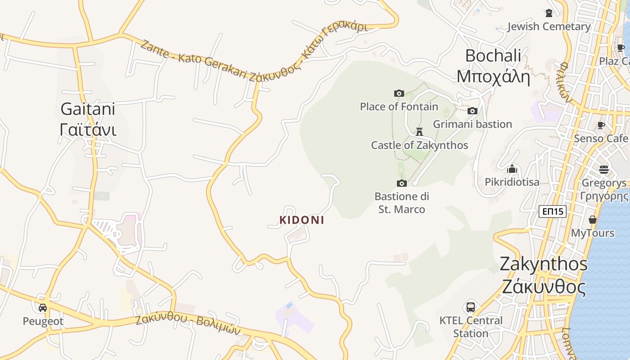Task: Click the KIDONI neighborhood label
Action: tap(302, 220)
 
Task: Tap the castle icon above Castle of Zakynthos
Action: tap(419, 131)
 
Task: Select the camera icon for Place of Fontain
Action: tap(399, 94)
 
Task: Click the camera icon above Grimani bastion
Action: tap(472, 111)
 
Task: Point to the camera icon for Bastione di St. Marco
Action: tap(401, 183)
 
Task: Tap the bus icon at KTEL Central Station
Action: tap(470, 307)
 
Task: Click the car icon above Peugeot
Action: tap(43, 308)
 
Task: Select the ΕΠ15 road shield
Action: tap(552, 211)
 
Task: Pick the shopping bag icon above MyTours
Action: tap(593, 220)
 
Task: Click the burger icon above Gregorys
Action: tap(603, 170)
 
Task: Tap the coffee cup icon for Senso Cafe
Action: tap(601, 125)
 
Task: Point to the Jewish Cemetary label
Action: tap(549, 27)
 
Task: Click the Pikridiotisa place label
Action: tap(512, 182)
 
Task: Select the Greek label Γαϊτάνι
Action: tap(88, 130)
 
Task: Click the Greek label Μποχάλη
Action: tap(493, 76)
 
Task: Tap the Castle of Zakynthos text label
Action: tap(419, 145)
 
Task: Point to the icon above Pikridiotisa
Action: tap(512, 170)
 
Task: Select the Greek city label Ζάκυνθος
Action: tap(544, 287)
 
